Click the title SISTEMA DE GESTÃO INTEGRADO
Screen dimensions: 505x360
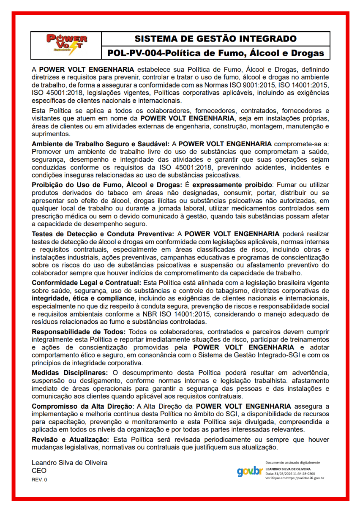pyautogui.click(x=215, y=39)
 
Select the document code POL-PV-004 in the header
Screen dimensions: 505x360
pyautogui.click(x=134, y=53)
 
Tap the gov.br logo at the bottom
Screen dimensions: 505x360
pyautogui.click(x=250, y=471)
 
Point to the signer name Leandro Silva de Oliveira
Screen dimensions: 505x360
pyautogui.click(x=70, y=463)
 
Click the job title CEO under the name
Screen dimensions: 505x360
pyautogui.click(x=39, y=471)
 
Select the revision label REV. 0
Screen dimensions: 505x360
pyautogui.click(x=40, y=480)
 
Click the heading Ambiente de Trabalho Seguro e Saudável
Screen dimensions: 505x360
pyautogui.click(x=100, y=145)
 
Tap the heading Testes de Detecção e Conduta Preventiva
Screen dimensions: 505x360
pyautogui.click(x=103, y=234)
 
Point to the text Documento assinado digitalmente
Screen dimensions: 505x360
pyautogui.click(x=293, y=463)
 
